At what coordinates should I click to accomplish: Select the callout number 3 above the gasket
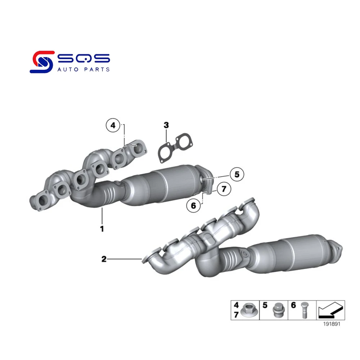click(166, 125)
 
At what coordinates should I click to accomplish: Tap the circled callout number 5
click(237, 175)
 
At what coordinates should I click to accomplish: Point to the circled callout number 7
click(223, 188)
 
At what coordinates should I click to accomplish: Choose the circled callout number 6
click(193, 206)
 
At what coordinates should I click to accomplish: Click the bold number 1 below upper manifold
click(102, 229)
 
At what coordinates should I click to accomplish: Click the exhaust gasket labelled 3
click(174, 147)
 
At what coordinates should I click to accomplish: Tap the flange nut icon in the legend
click(248, 310)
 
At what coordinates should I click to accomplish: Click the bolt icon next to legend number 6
click(302, 310)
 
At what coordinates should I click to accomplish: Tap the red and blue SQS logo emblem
click(41, 62)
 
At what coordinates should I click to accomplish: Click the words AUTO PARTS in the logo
click(84, 69)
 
